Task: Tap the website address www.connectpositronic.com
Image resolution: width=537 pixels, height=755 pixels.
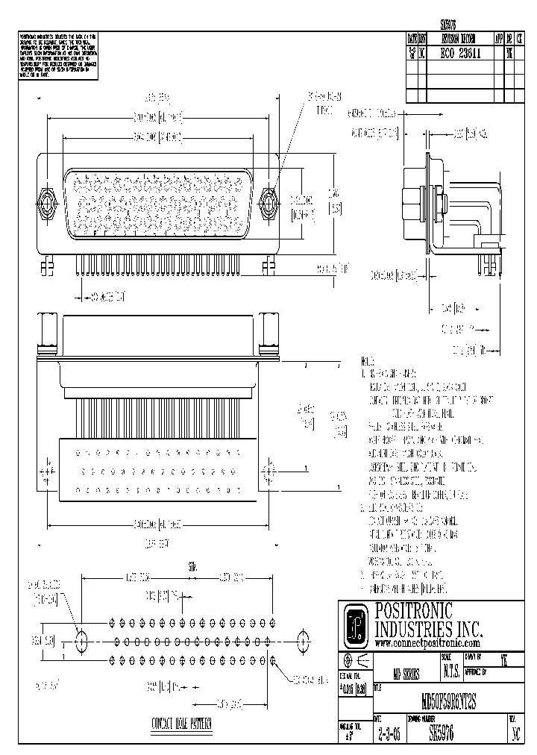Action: [427, 642]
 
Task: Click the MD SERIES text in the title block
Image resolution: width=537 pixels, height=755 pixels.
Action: [406, 672]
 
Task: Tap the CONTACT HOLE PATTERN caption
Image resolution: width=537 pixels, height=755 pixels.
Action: [181, 724]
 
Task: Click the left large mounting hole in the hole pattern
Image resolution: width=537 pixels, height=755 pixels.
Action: [81, 639]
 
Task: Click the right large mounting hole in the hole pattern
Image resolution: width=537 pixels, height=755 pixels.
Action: [303, 639]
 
